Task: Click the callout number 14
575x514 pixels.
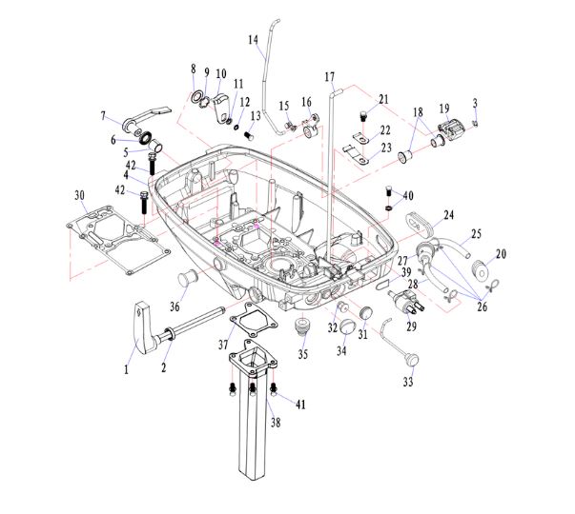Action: [253, 40]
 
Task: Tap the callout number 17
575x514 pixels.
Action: [330, 76]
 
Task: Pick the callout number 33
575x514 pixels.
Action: [408, 383]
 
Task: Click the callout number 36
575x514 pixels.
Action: [175, 306]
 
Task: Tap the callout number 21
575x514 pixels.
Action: [383, 99]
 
